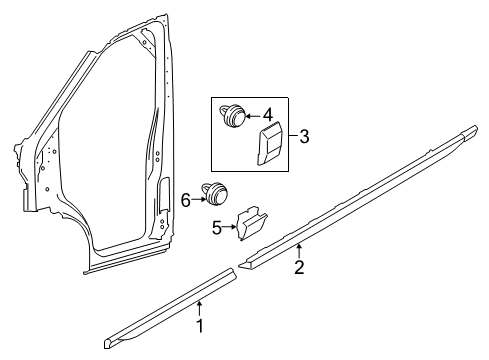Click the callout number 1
(x=200, y=326)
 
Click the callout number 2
(x=299, y=267)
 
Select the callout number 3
(x=304, y=137)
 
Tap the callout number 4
(x=268, y=115)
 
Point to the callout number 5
(x=217, y=228)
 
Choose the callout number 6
(x=185, y=201)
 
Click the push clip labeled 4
(x=233, y=115)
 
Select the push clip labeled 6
(x=215, y=193)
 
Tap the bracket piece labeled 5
(x=251, y=223)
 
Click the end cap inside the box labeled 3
(x=269, y=144)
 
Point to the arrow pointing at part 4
(x=253, y=116)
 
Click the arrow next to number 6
(x=199, y=199)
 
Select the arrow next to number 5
(x=229, y=227)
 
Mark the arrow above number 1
(x=199, y=308)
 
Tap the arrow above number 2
(x=299, y=251)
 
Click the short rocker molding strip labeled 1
(x=170, y=308)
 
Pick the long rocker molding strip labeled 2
(x=358, y=197)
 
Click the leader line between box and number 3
(x=293, y=135)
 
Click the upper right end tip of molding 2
(x=477, y=128)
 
